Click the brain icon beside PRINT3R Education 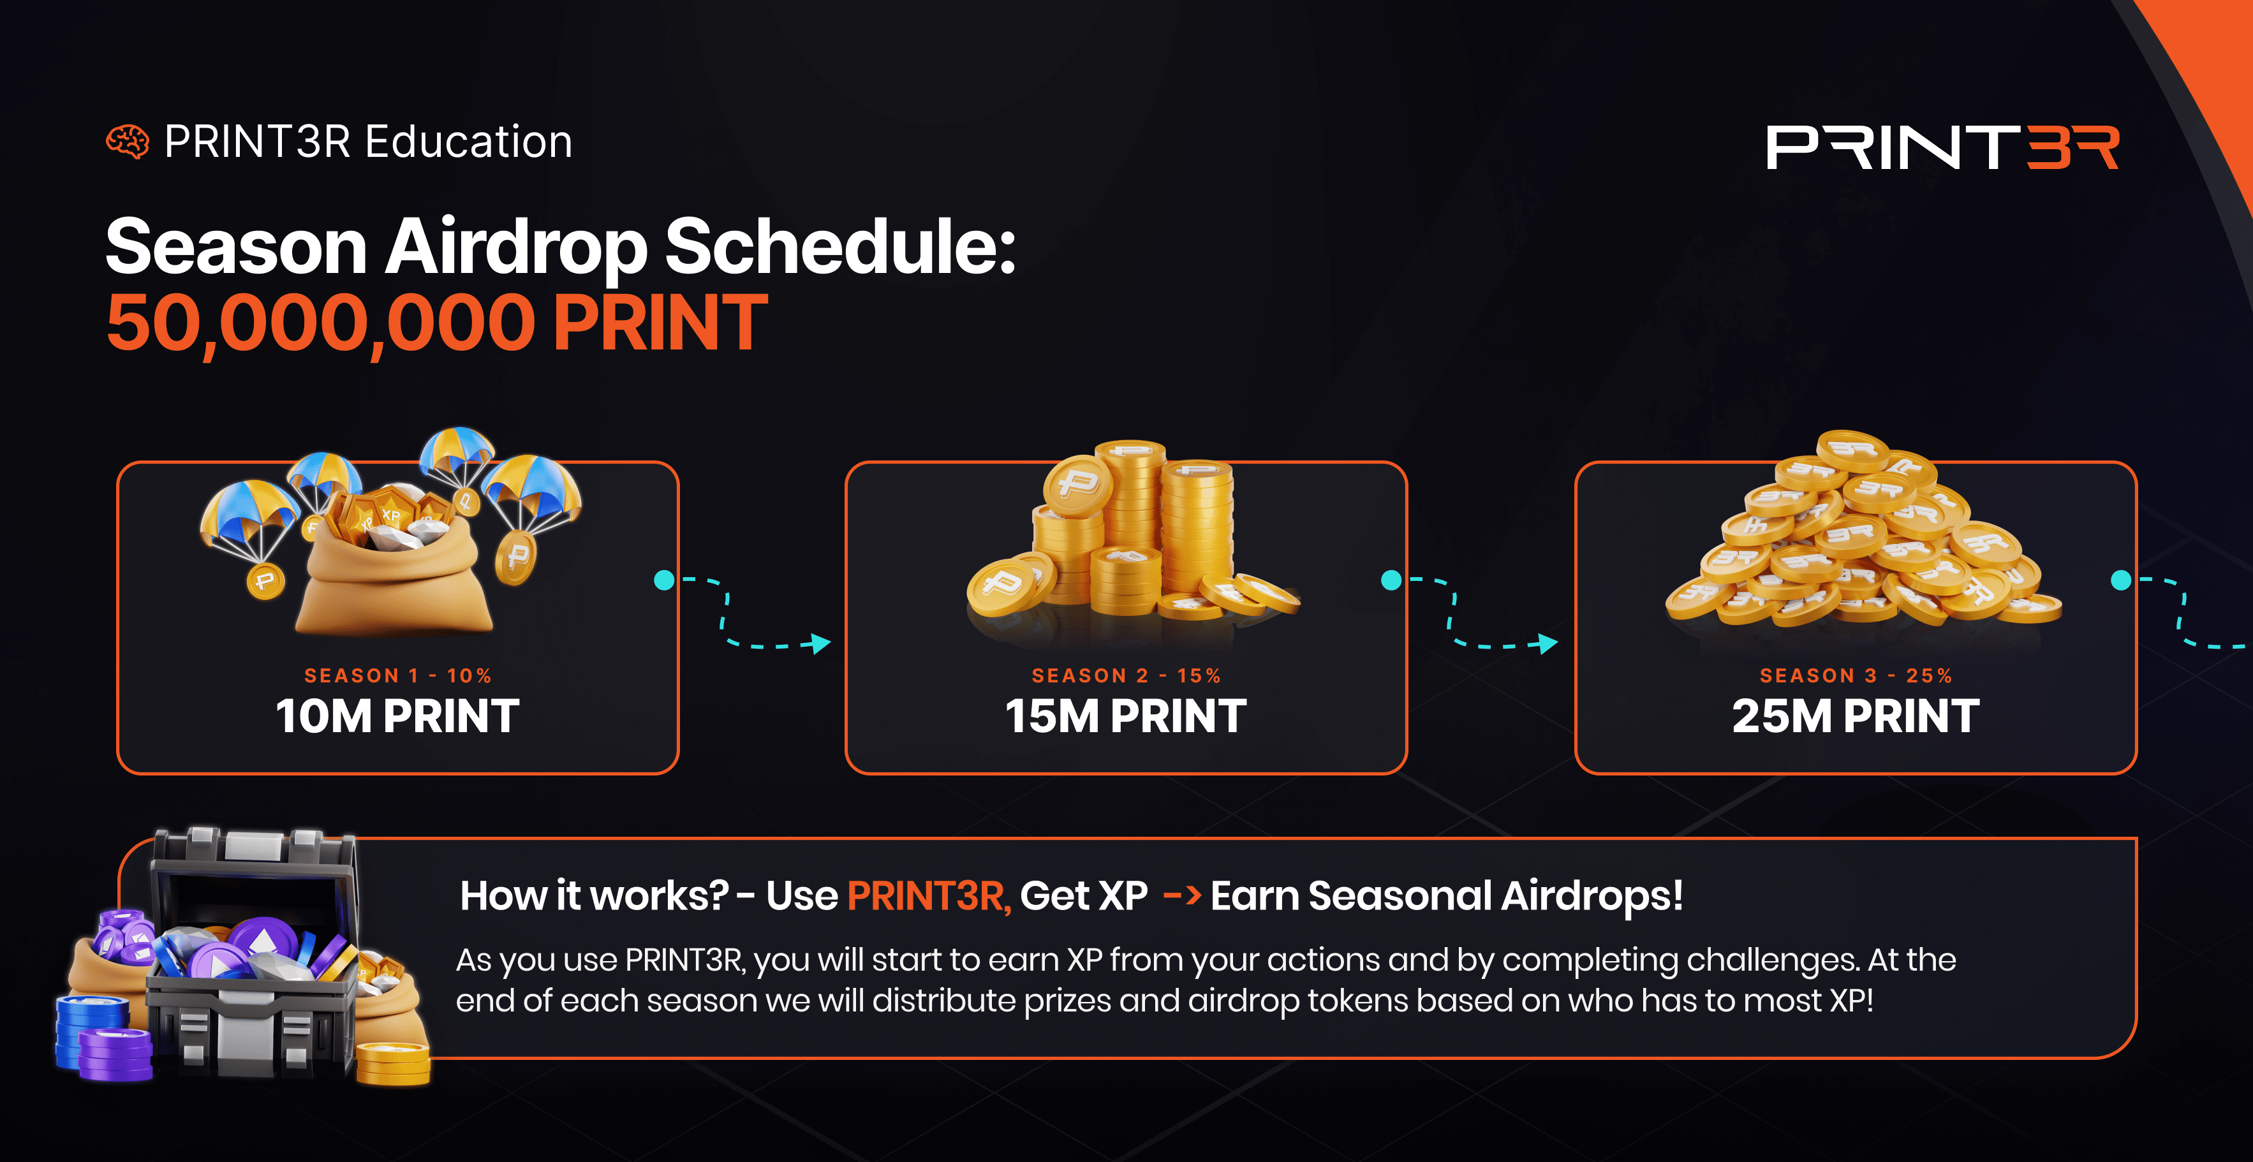coord(128,142)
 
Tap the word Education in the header coord(468,142)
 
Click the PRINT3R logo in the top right coord(1942,147)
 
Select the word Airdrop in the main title coord(516,249)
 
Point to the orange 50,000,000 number coord(321,323)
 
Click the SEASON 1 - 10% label coord(398,676)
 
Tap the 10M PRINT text coord(398,716)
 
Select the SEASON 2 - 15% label coord(1126,676)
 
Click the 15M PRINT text coord(1126,716)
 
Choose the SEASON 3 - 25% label coord(1856,676)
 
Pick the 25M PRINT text coord(1856,716)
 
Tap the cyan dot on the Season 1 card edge coord(665,580)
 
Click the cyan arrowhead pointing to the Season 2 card coord(820,644)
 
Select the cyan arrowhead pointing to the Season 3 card coord(1548,644)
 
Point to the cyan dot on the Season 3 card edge coord(2121,580)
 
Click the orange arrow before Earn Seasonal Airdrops coord(1181,896)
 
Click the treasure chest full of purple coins coord(254,953)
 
